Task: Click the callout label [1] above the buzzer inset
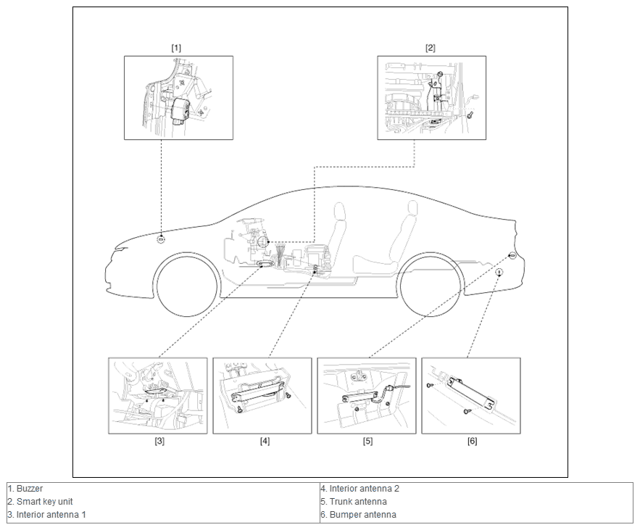click(x=176, y=48)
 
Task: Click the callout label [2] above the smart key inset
click(x=431, y=48)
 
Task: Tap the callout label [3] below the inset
click(x=159, y=442)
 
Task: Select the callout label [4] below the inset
click(x=265, y=442)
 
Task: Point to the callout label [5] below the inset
click(x=367, y=442)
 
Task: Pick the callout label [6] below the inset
click(x=473, y=442)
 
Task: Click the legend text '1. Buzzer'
click(x=25, y=489)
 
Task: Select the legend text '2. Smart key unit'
click(x=40, y=502)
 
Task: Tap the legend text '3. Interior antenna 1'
click(x=46, y=515)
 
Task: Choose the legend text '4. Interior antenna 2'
click(x=360, y=489)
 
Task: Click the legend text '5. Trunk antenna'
click(x=354, y=502)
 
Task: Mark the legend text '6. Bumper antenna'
click(x=358, y=515)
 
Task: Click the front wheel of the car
click(x=187, y=285)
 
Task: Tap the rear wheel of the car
click(x=432, y=285)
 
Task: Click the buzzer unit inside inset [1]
click(x=180, y=109)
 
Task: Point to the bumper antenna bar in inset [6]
click(x=473, y=393)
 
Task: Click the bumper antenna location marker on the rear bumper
click(x=499, y=273)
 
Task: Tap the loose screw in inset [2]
click(x=470, y=115)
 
